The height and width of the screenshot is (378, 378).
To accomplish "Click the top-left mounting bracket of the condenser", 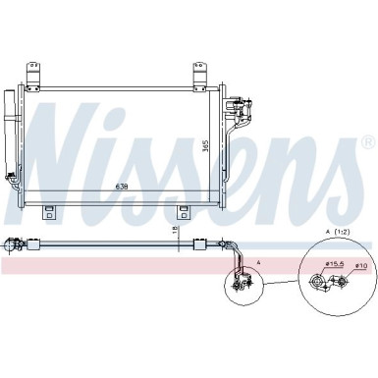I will [x=35, y=75].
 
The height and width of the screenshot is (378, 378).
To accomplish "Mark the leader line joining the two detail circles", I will [x=275, y=282].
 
